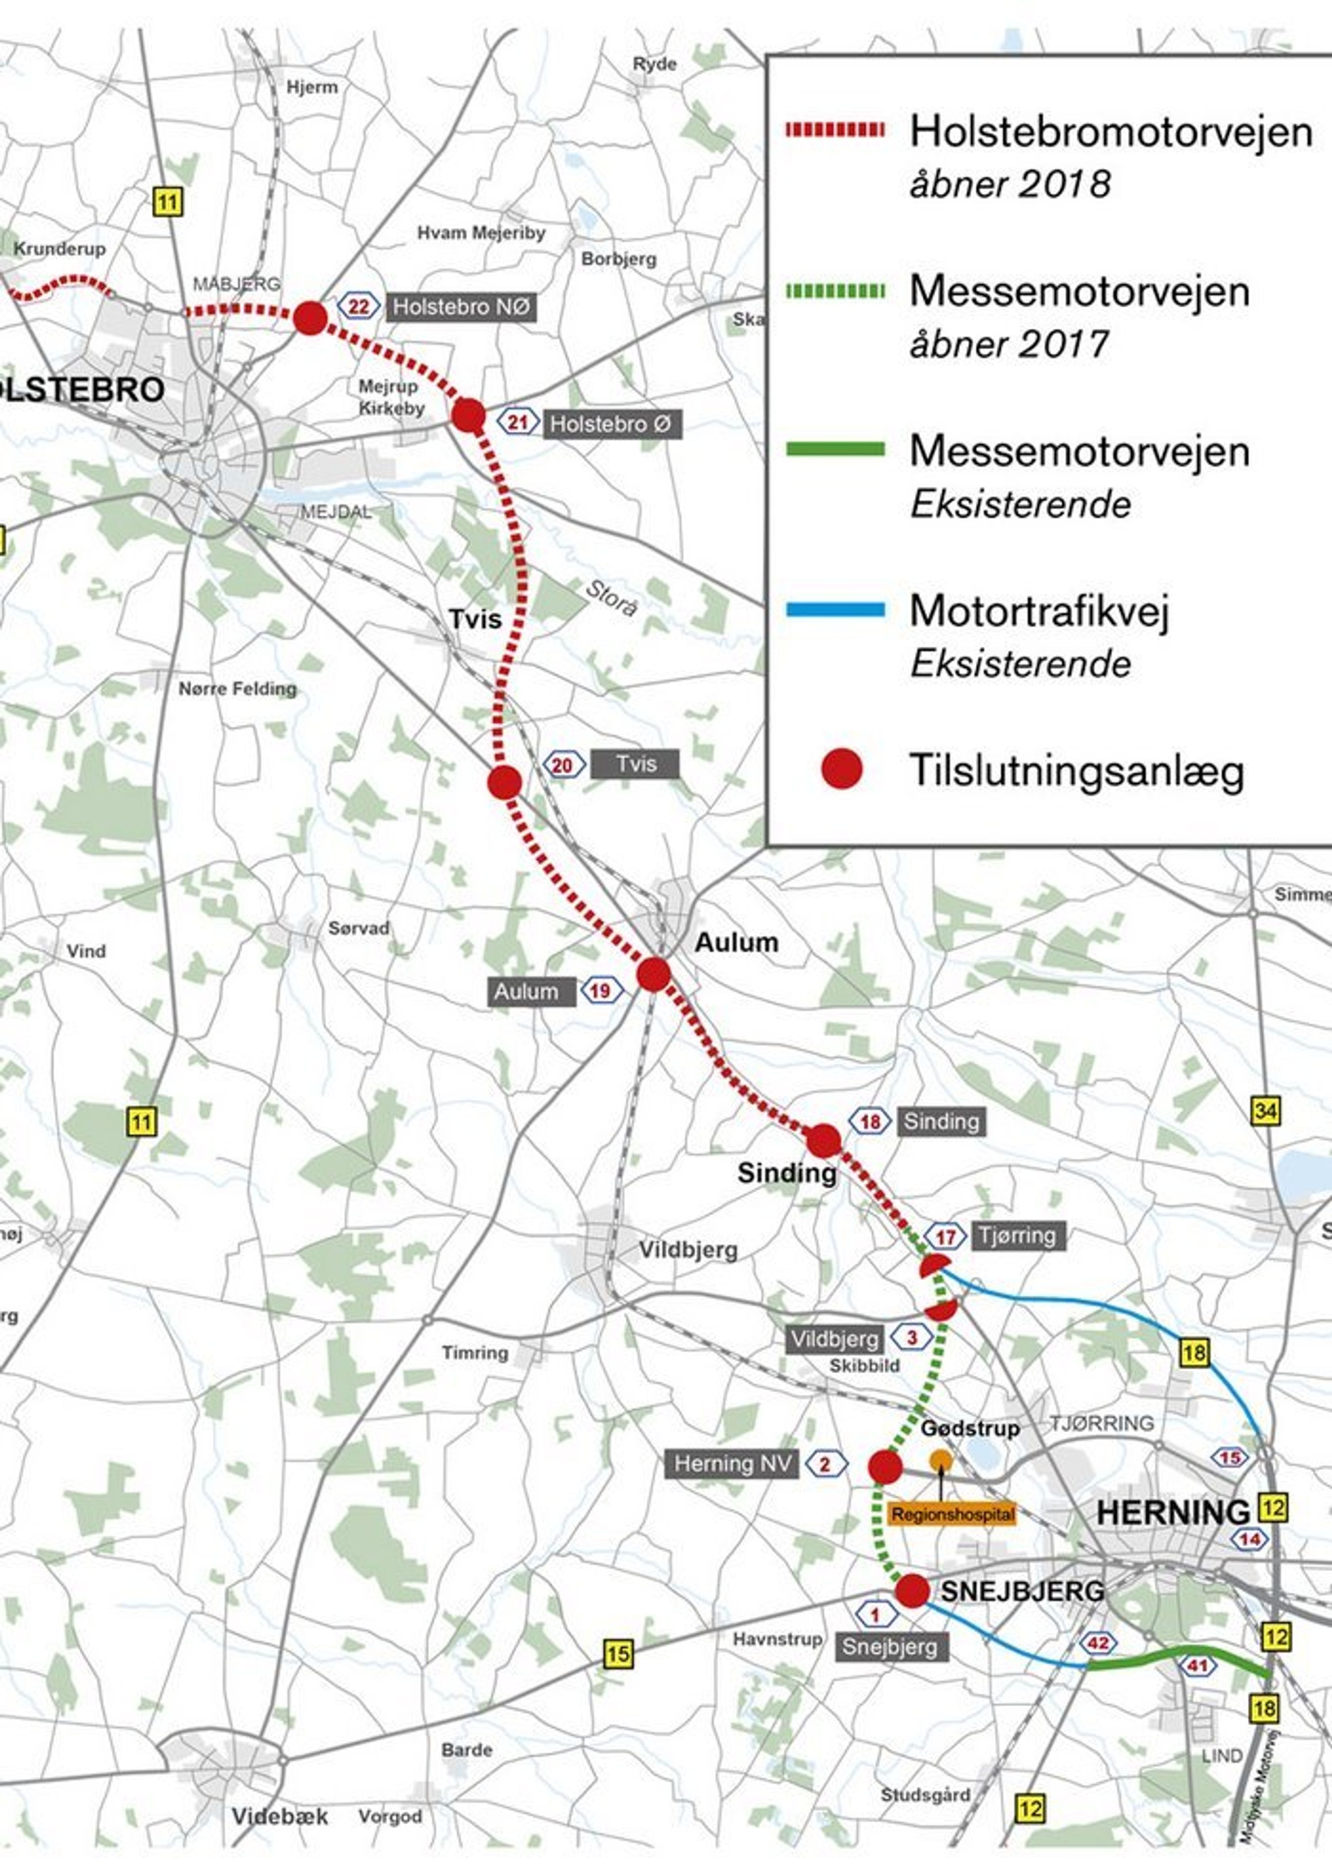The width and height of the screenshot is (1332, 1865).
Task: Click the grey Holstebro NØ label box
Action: click(x=461, y=307)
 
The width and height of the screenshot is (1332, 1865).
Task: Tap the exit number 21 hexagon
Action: click(x=517, y=423)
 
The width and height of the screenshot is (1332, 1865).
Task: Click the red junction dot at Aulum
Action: click(x=654, y=975)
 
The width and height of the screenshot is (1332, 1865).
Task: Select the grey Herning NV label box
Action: click(x=732, y=1464)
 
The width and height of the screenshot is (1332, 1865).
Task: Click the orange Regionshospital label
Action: click(x=952, y=1514)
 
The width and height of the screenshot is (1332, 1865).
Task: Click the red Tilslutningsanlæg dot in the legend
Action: click(x=841, y=769)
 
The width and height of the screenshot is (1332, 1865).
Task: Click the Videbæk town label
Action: click(x=280, y=1817)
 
